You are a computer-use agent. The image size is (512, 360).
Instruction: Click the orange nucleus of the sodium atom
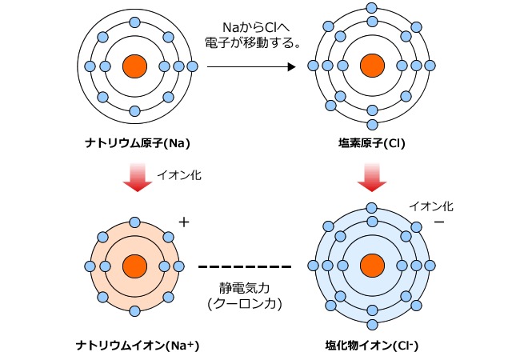pos(134,66)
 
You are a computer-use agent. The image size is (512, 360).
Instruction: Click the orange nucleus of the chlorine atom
pos(370,66)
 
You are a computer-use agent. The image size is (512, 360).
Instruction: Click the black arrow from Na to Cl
pos(251,66)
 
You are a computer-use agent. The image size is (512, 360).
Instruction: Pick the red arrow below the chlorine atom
pos(370,178)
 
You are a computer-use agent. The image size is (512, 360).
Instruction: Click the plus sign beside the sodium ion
pos(185,222)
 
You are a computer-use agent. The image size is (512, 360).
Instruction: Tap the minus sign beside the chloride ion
pos(438,221)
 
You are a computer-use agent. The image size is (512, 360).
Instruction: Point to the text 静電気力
pos(245,288)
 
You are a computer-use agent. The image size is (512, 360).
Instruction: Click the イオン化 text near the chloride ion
pos(431,206)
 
